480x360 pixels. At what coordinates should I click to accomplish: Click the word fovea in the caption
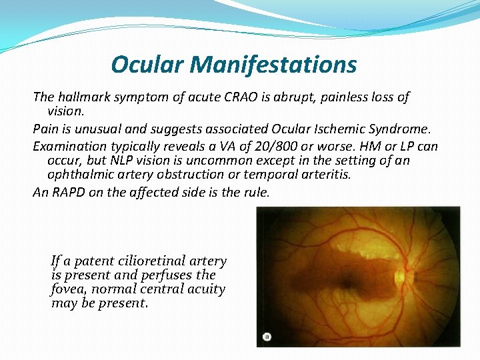[69, 289]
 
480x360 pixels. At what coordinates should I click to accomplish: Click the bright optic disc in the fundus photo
[401, 275]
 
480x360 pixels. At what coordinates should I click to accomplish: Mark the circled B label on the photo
[267, 337]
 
